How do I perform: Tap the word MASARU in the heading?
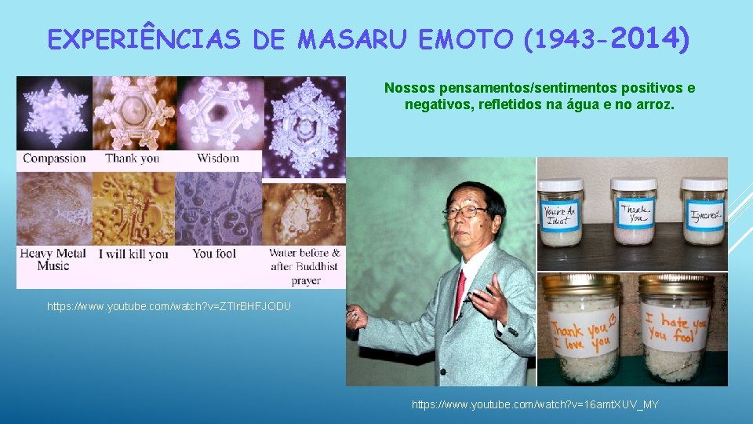pyautogui.click(x=352, y=39)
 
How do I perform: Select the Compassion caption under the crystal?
pyautogui.click(x=54, y=159)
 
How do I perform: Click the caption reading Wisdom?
pyautogui.click(x=217, y=159)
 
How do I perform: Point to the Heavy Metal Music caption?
pyautogui.click(x=53, y=260)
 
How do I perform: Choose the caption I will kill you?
pyautogui.click(x=133, y=254)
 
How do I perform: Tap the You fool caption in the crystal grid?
pyautogui.click(x=214, y=254)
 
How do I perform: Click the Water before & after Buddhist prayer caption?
pyautogui.click(x=304, y=266)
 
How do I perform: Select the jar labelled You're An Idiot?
pyautogui.click(x=561, y=214)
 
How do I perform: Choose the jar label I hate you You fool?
pyautogui.click(x=675, y=328)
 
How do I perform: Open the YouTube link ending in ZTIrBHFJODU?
pyautogui.click(x=169, y=305)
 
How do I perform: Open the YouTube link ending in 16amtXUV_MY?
pyautogui.click(x=535, y=404)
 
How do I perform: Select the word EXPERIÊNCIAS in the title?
pyautogui.click(x=144, y=39)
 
